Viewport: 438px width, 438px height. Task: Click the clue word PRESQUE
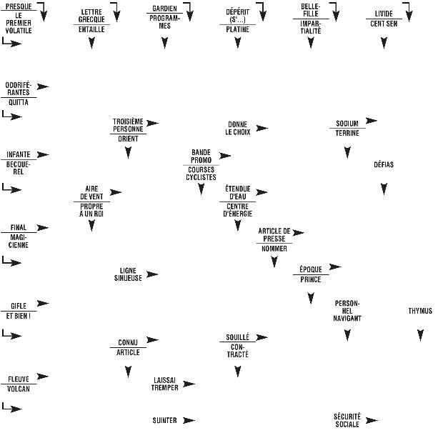coord(17,6)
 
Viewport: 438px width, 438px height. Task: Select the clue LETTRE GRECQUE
coord(91,15)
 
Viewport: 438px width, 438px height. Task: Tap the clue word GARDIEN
coord(165,9)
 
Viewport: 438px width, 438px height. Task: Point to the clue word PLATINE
coord(238,30)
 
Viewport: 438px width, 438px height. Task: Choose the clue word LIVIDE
coord(384,14)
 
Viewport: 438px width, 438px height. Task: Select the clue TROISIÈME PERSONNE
coord(128,124)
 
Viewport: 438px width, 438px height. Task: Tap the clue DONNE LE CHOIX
coord(238,128)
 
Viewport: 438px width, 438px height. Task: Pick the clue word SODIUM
coord(347,123)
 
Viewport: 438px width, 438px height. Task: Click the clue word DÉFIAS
coord(384,164)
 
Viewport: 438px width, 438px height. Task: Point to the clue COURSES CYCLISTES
coord(201,173)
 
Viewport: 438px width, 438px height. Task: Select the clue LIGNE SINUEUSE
coord(128,274)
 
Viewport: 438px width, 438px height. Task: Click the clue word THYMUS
coord(420,311)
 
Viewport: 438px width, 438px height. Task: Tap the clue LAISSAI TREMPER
coord(165,384)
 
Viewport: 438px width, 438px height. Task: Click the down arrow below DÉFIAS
coord(384,189)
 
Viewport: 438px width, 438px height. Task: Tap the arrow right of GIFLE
coord(43,304)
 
